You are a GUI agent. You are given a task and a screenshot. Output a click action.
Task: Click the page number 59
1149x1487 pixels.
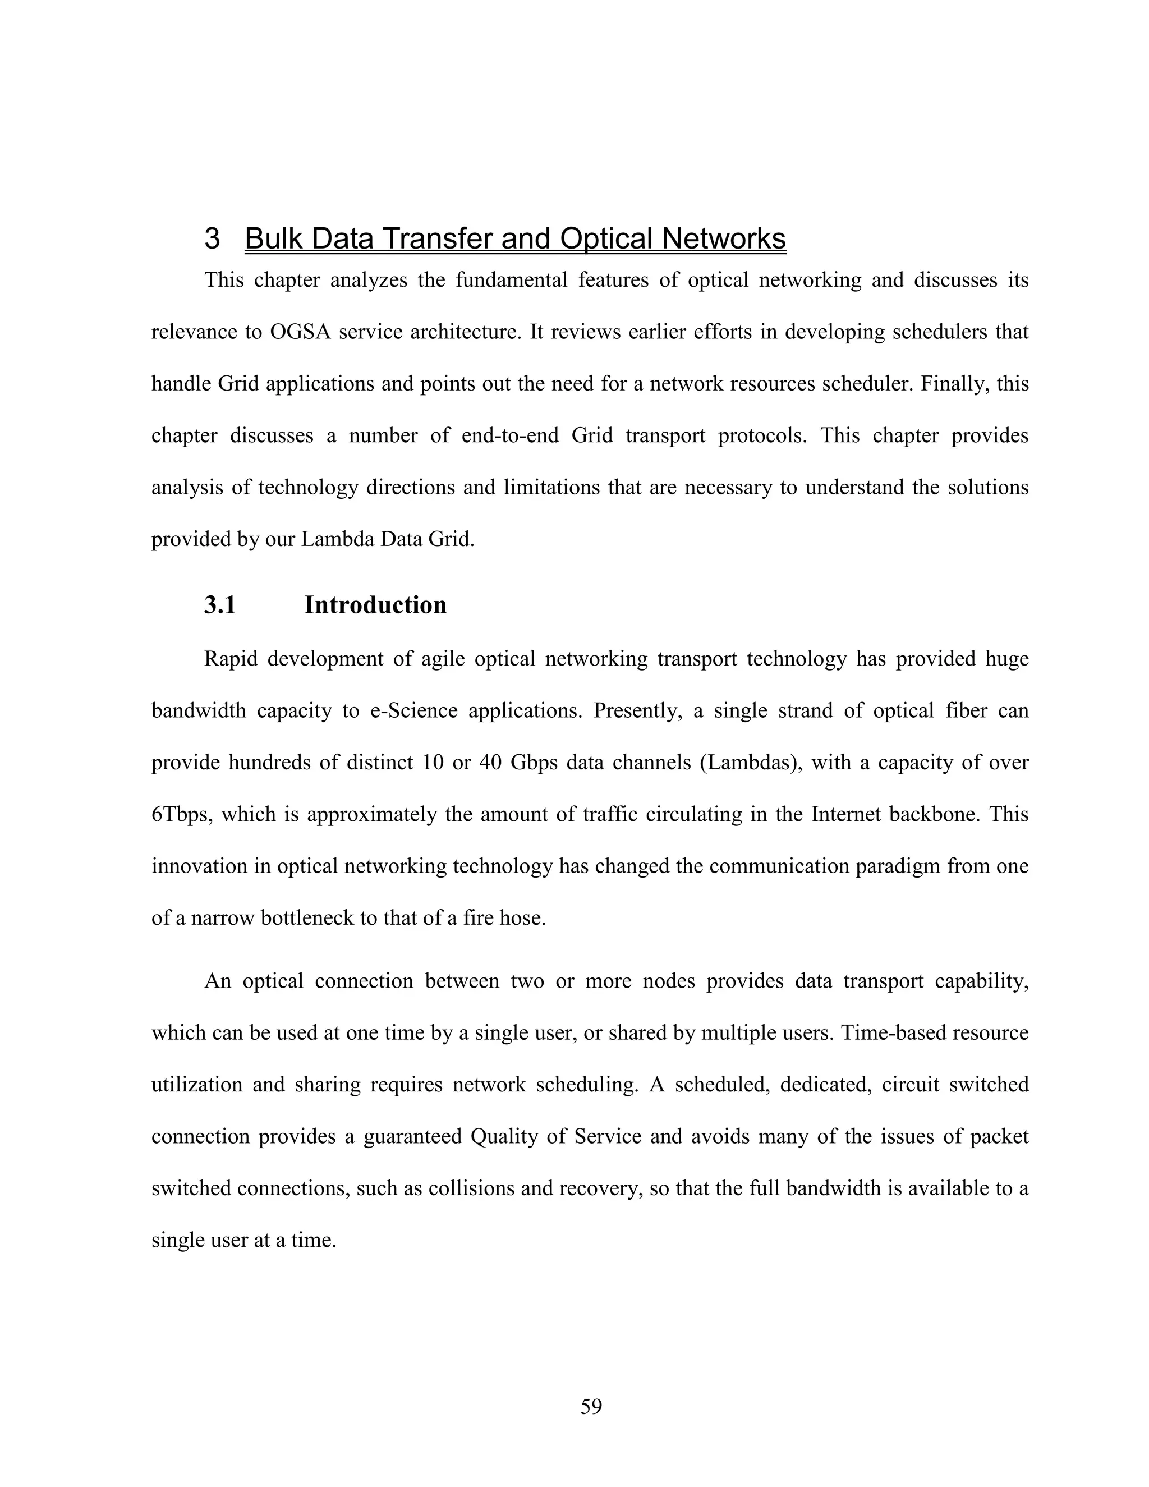(x=591, y=1407)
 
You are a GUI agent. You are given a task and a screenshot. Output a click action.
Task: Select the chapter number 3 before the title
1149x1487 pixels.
(x=213, y=239)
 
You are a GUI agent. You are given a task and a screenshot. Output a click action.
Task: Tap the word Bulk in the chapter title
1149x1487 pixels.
(x=275, y=239)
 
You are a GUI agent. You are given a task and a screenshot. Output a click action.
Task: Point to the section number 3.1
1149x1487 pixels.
(x=220, y=604)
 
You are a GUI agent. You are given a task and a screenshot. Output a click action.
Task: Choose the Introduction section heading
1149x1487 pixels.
(x=375, y=604)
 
